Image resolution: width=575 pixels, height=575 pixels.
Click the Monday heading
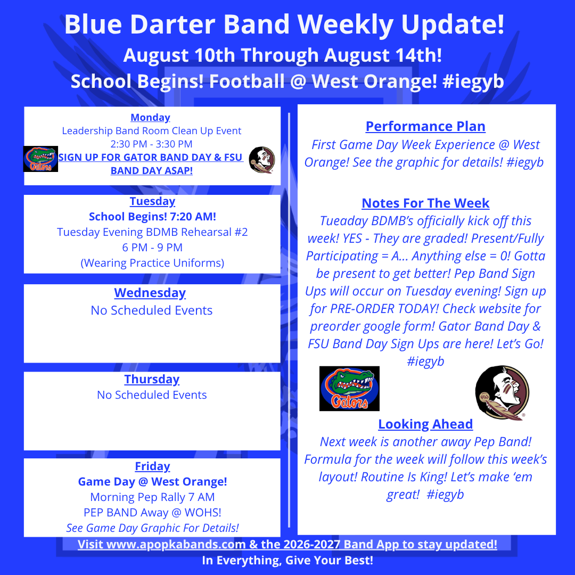(150, 117)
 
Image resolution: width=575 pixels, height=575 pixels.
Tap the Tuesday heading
(153, 201)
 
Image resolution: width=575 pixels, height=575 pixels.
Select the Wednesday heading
(150, 293)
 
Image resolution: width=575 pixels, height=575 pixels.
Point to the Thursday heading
(152, 379)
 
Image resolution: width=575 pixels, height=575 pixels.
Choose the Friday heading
(153, 466)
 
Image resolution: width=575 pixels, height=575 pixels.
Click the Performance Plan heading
(425, 126)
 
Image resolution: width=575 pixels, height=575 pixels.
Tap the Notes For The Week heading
(425, 203)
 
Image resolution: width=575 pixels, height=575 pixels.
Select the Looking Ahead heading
(425, 424)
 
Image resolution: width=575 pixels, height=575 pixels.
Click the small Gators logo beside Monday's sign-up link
(40, 159)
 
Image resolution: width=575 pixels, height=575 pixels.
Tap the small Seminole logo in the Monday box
(262, 160)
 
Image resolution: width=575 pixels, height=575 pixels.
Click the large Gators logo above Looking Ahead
(349, 388)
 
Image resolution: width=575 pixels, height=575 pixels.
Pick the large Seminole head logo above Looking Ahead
(502, 392)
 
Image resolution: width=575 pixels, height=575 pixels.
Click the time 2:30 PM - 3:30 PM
(151, 144)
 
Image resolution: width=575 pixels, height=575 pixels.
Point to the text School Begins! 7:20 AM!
(153, 217)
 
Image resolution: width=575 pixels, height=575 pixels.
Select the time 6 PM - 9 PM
(152, 248)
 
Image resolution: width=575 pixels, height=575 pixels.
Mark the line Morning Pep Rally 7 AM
(153, 497)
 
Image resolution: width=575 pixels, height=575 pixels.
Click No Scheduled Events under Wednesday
(151, 310)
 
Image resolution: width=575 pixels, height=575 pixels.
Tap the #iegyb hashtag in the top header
(473, 82)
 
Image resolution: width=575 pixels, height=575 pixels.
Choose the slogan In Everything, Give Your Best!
(287, 560)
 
